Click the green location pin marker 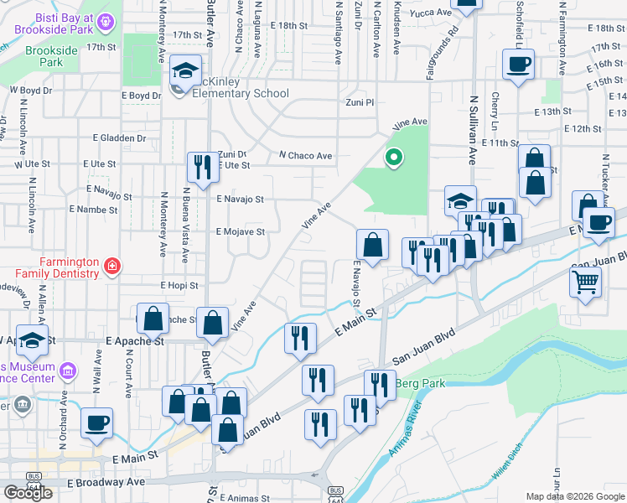click(x=392, y=157)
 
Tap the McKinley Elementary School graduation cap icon click(x=186, y=71)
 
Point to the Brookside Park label click(x=51, y=56)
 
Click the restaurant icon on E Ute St click(x=201, y=168)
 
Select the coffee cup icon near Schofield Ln click(x=518, y=64)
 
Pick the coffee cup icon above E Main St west click(x=96, y=423)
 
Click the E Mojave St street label click(x=241, y=231)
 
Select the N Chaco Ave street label click(x=306, y=156)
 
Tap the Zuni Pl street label click(x=360, y=101)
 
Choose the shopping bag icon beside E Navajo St click(x=372, y=245)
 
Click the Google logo click(x=28, y=492)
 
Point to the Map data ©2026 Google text click(x=575, y=496)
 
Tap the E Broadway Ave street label click(x=106, y=483)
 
